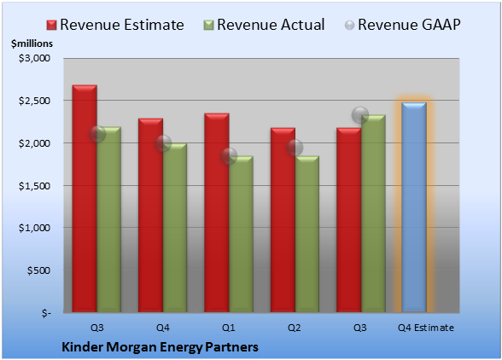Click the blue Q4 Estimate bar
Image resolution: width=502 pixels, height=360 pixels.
click(x=414, y=207)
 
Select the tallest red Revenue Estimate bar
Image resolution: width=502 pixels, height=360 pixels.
click(x=85, y=199)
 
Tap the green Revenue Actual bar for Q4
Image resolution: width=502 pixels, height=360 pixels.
click(x=175, y=228)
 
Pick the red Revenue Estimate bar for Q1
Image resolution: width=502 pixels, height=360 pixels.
click(x=217, y=212)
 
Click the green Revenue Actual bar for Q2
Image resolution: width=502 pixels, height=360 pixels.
click(x=307, y=234)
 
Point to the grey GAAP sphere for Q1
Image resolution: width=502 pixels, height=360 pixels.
click(x=229, y=156)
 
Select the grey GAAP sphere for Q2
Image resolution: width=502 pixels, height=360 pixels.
click(x=295, y=148)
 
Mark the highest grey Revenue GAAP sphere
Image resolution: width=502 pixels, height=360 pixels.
click(x=360, y=115)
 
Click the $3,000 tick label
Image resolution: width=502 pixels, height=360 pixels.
click(x=34, y=58)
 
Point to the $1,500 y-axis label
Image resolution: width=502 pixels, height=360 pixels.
click(x=34, y=186)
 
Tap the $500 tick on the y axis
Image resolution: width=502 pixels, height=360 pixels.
click(x=38, y=270)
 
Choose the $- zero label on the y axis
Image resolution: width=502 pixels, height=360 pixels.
click(x=46, y=313)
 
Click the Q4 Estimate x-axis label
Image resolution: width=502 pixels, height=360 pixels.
click(x=426, y=328)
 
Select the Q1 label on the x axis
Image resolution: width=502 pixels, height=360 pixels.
click(x=229, y=328)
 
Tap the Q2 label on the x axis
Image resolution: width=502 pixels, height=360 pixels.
click(x=295, y=328)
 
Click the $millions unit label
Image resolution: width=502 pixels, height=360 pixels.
click(x=32, y=44)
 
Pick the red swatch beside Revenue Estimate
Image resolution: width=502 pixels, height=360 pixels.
click(x=51, y=26)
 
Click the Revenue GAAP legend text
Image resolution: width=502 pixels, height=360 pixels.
click(x=409, y=25)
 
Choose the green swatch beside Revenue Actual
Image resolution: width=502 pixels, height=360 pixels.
click(x=208, y=26)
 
